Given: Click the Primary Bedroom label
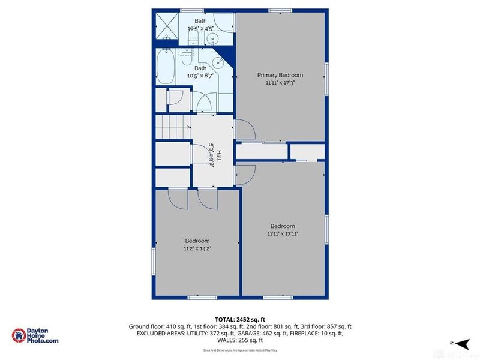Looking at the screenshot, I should [x=280, y=75].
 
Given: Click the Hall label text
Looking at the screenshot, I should [x=219, y=155].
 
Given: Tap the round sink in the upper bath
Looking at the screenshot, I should [x=212, y=40].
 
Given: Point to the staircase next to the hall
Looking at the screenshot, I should [x=173, y=128].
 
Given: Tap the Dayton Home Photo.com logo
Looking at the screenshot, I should [x=35, y=336].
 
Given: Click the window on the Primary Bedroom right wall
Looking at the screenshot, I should [x=327, y=79].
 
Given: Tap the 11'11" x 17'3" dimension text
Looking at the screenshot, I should [x=280, y=83].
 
